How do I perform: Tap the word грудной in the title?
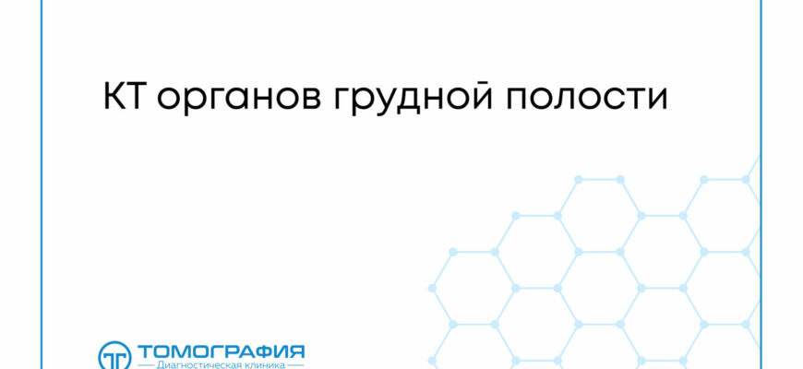coord(413,98)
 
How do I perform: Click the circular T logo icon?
coord(114,356)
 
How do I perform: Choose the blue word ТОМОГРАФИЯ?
coord(221,352)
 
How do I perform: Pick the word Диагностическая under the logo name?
coord(191,365)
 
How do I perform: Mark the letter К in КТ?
coord(114,96)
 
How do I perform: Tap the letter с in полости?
coord(616,100)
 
